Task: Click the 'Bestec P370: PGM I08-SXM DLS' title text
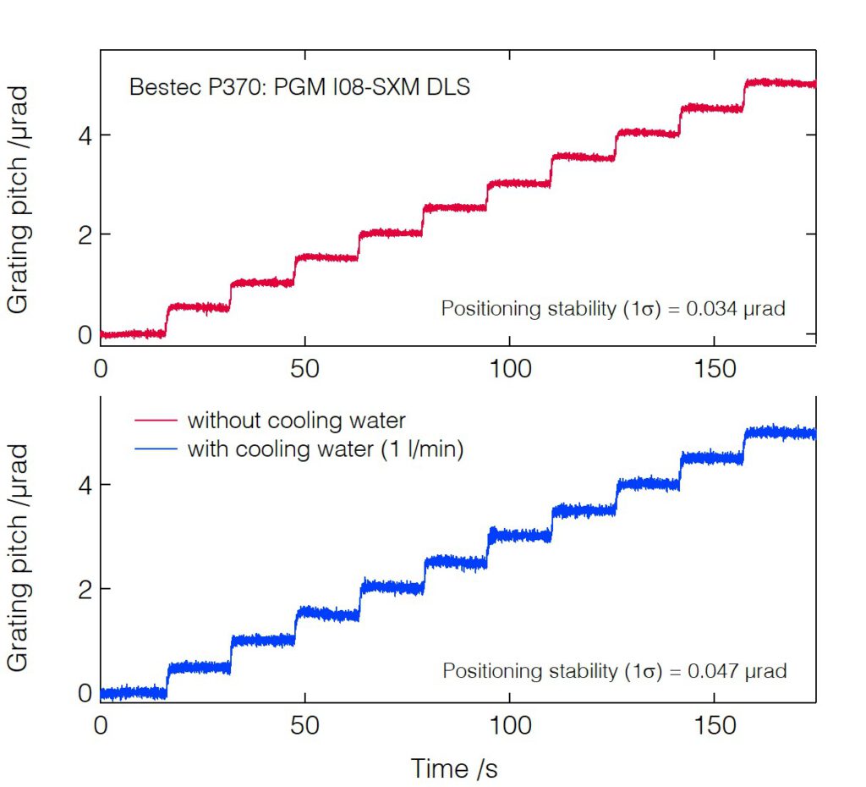click(299, 86)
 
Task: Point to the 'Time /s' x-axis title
click(454, 768)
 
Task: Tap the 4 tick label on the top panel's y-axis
click(84, 135)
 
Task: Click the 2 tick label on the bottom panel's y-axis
click(84, 589)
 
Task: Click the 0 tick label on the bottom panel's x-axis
click(101, 725)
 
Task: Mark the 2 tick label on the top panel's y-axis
click(84, 234)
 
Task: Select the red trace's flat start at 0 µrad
click(132, 334)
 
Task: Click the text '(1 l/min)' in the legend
click(419, 449)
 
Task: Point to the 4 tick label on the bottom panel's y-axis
click(84, 485)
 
